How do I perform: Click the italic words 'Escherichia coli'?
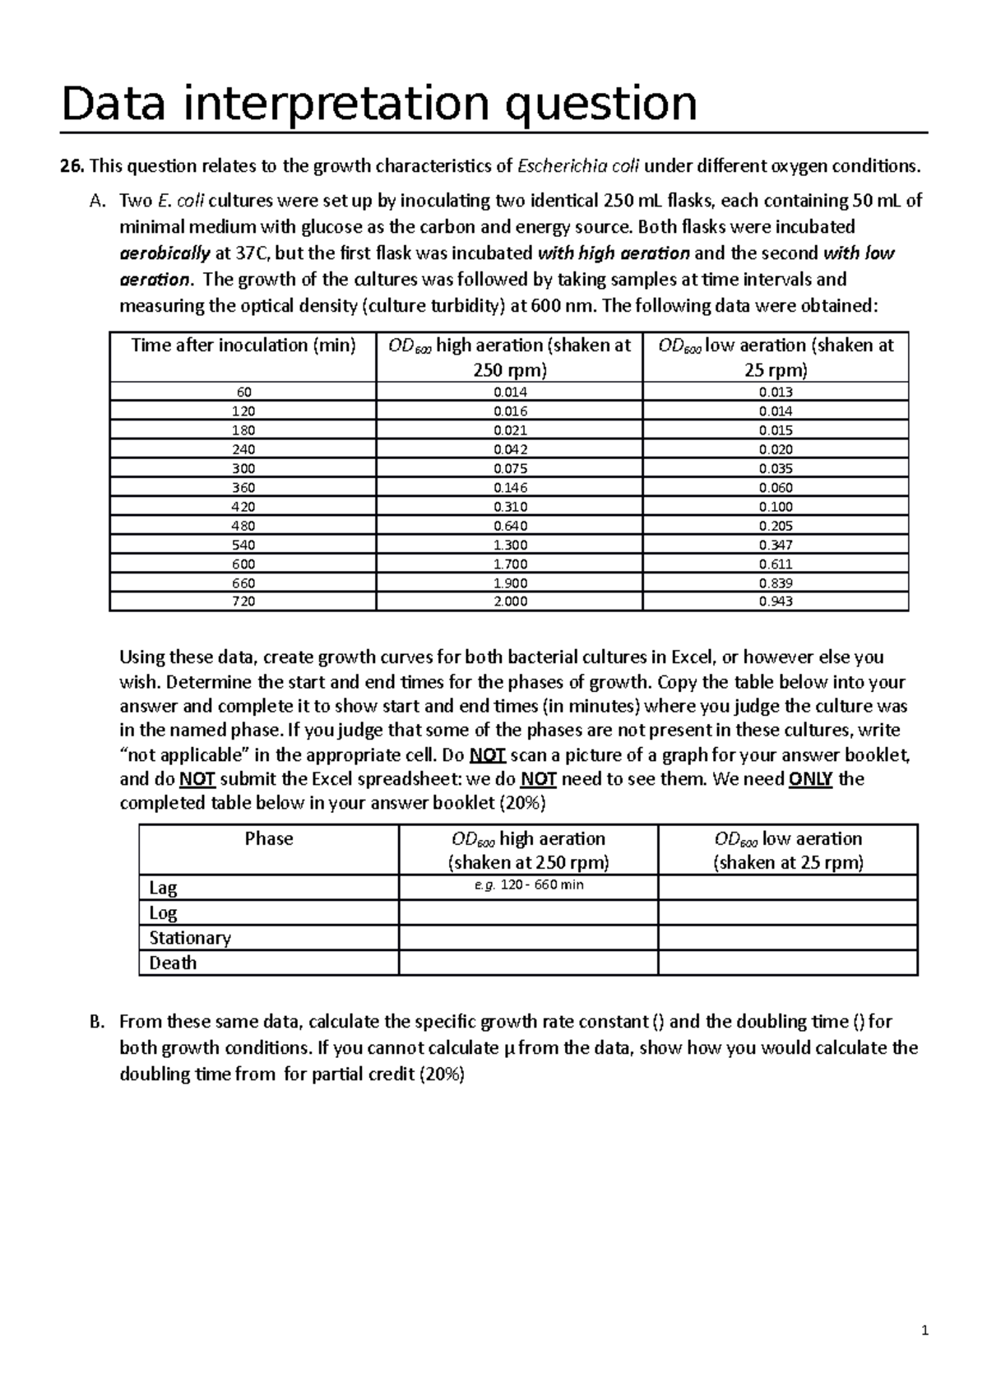pos(578,167)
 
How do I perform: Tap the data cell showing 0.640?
pos(510,526)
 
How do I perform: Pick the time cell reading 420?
pos(243,507)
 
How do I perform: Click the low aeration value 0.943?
pos(776,601)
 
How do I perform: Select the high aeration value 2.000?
pos(510,601)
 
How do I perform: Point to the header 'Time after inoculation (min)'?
pos(243,346)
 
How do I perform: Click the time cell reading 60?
pos(243,392)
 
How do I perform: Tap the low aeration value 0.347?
pos(776,545)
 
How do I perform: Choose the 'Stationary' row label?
pos(190,938)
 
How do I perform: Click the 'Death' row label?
pos(173,963)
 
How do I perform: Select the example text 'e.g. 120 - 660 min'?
pos(529,885)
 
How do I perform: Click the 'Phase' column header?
pos(269,839)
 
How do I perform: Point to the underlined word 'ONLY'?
pos(810,779)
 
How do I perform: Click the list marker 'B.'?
pos(96,1022)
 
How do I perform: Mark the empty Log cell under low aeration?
pos(788,912)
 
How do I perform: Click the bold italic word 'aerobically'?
pos(164,253)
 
